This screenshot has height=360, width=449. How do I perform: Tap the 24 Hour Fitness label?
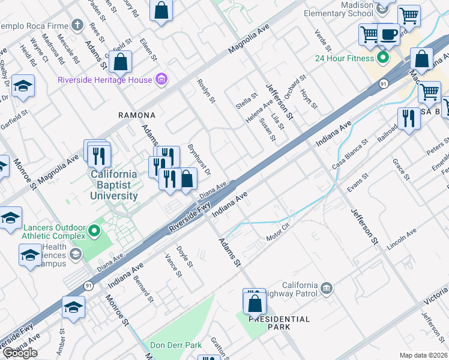coord(344,58)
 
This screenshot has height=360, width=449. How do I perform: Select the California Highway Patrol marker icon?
coord(326,289)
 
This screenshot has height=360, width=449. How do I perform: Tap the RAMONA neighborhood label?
coord(136,115)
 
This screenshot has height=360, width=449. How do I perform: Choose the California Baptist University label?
coord(114,185)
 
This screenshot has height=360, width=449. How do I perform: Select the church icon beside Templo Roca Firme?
coord(77,25)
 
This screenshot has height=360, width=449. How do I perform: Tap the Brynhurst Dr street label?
coord(199,159)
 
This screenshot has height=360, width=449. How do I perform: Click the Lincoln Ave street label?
coord(402,239)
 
